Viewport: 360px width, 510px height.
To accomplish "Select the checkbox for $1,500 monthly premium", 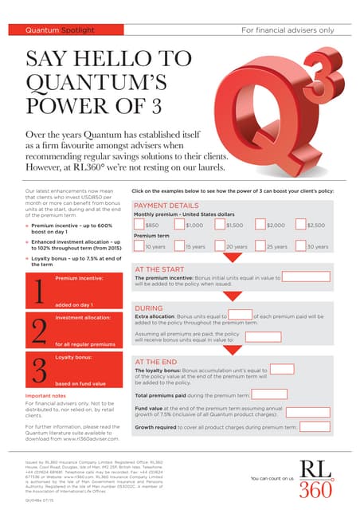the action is tap(220, 225).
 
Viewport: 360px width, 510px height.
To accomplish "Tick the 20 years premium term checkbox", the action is tap(220, 246).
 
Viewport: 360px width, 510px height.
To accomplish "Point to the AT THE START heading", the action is tap(159, 270).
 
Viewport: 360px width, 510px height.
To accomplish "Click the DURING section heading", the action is tap(149, 307).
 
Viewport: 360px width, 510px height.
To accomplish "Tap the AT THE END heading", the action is tap(157, 361).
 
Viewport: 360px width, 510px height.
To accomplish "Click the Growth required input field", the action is tap(308, 426).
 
